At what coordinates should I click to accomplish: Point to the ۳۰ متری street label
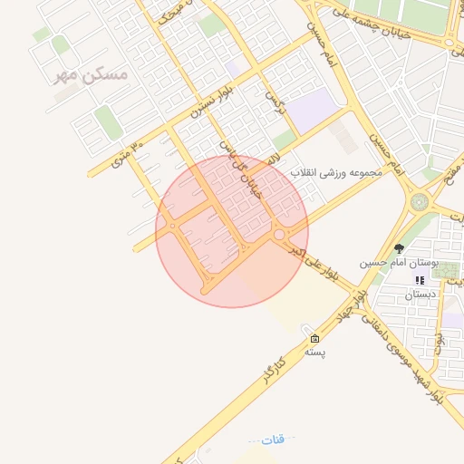tap(126, 155)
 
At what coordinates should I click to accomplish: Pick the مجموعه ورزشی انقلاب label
tap(344, 170)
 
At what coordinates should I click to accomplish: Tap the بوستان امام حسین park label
tap(398, 263)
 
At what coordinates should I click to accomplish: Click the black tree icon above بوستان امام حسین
tap(399, 248)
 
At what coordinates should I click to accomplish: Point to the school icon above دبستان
tap(420, 281)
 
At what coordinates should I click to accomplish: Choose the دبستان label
tap(420, 295)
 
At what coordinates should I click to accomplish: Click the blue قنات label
tap(272, 439)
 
